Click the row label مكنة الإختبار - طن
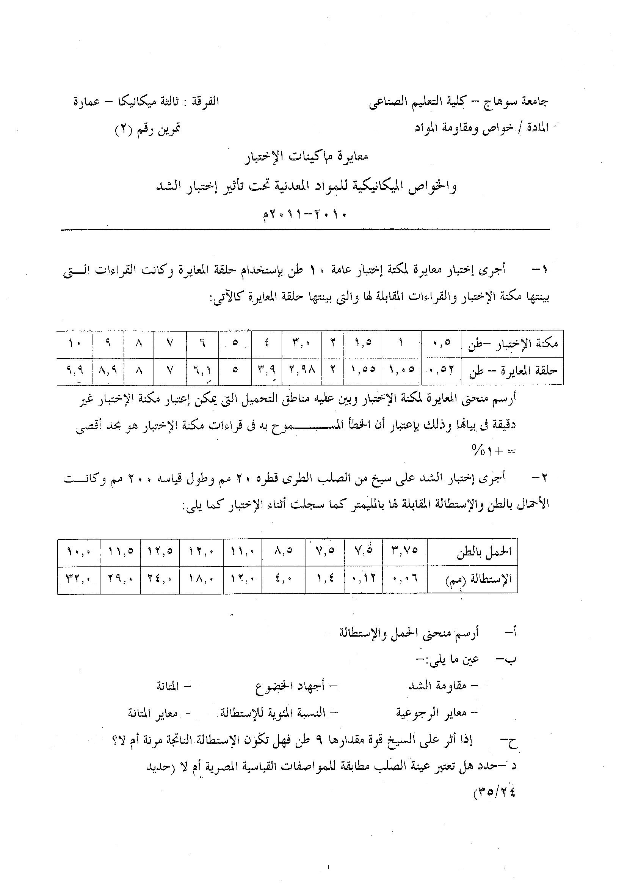(513, 344)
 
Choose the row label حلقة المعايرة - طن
(513, 371)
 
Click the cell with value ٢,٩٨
(301, 371)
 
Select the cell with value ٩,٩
(74, 371)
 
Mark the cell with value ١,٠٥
(401, 371)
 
